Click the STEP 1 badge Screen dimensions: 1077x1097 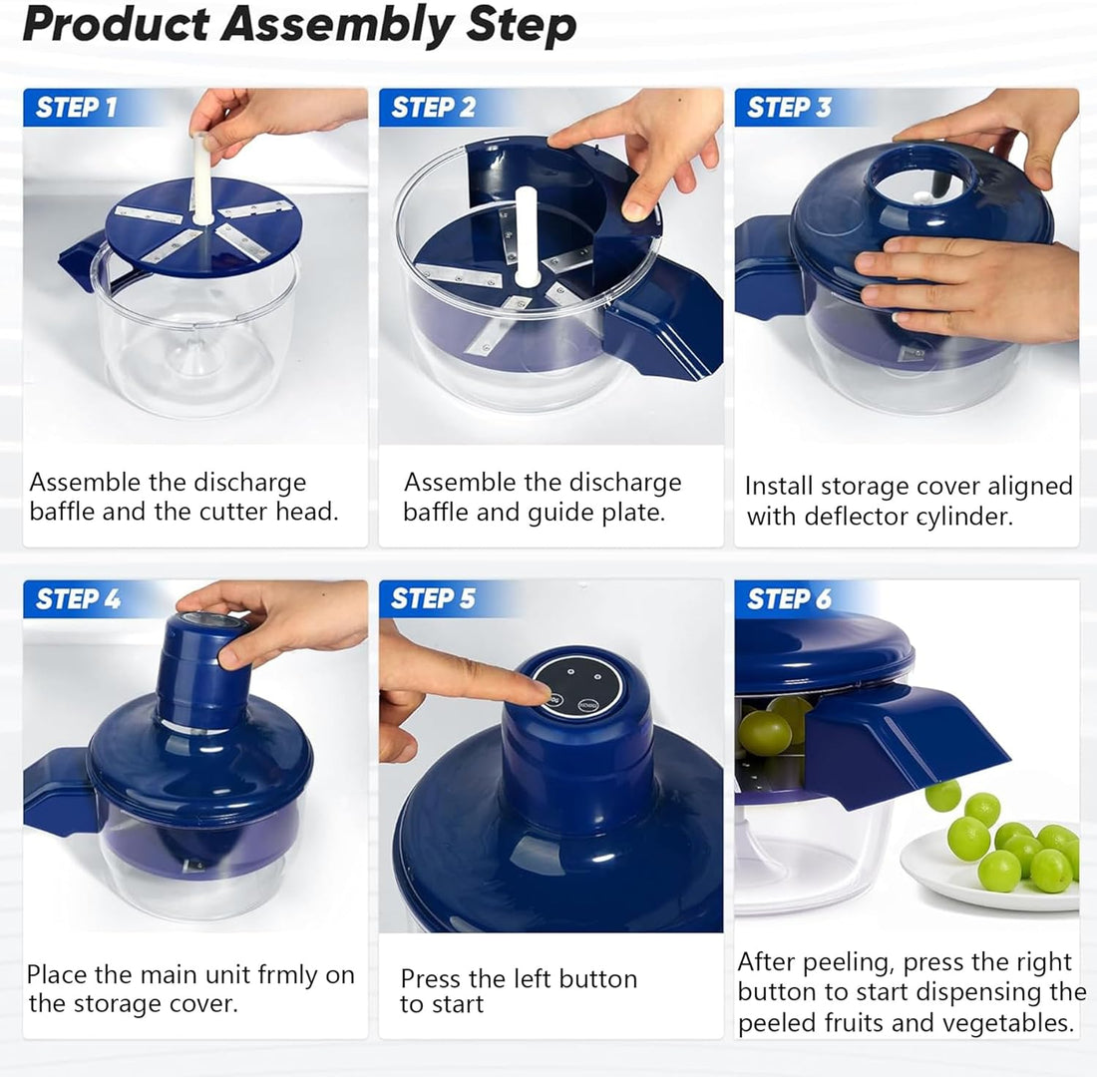(76, 108)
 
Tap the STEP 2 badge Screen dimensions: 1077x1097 (432, 108)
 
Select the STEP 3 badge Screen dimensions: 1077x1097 (788, 108)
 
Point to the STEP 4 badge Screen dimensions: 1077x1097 (77, 599)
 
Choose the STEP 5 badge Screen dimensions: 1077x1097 (432, 599)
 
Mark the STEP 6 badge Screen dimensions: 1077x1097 (788, 599)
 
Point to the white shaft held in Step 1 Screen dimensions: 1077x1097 (202, 179)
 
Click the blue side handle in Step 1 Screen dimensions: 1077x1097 (80, 259)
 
